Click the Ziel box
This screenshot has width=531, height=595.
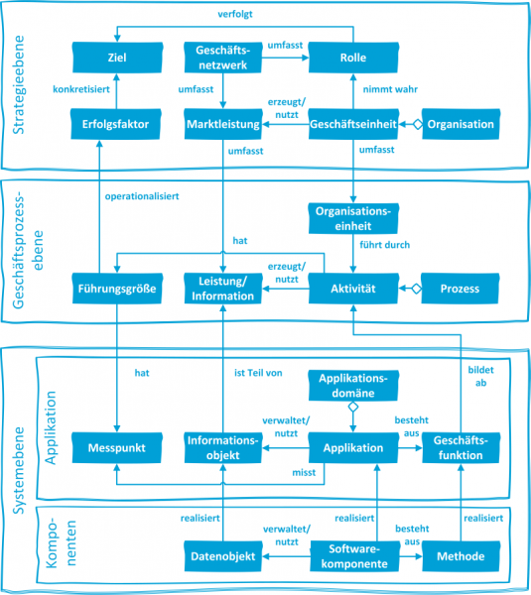tap(116, 58)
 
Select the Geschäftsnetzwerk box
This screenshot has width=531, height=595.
tap(222, 57)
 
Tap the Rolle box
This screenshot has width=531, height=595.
tap(353, 58)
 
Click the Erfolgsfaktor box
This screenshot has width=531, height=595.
tap(116, 125)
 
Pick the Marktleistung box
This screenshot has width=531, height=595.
tap(222, 125)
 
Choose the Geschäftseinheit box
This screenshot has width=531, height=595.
tap(353, 125)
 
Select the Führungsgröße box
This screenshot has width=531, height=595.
tap(116, 289)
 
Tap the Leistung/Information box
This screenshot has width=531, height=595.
tap(222, 289)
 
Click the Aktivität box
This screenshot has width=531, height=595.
tap(353, 289)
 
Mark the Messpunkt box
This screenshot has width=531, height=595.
tap(116, 448)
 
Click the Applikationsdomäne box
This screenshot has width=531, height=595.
tap(353, 384)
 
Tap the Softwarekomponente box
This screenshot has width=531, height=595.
tap(353, 556)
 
